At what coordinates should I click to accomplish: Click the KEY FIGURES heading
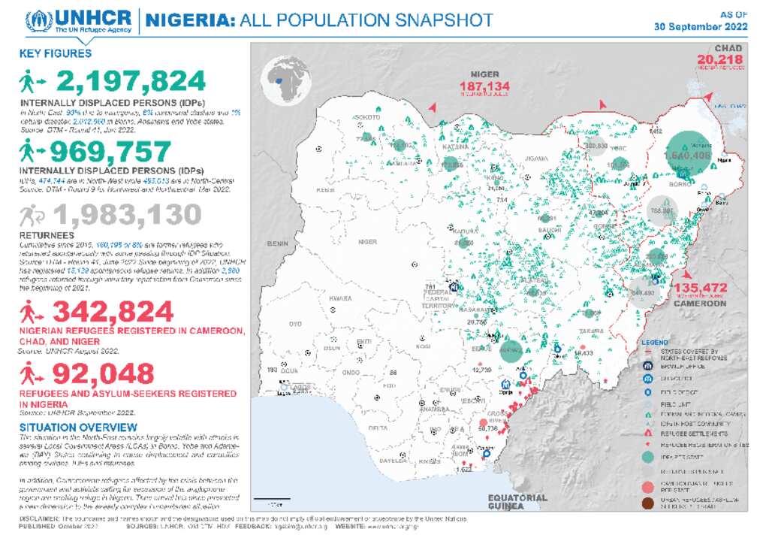tap(56, 53)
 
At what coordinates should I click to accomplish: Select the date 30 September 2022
tap(701, 26)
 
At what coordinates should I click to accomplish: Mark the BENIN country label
tap(279, 244)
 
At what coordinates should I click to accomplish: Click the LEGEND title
tap(656, 342)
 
